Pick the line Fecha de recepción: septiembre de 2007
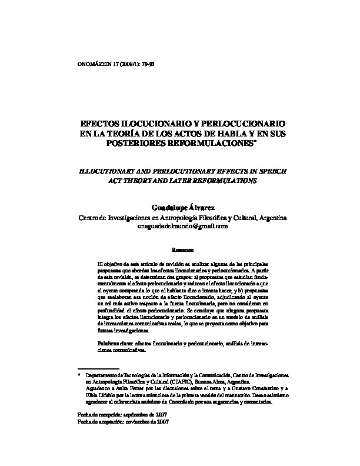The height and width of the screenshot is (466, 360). coord(123,414)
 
